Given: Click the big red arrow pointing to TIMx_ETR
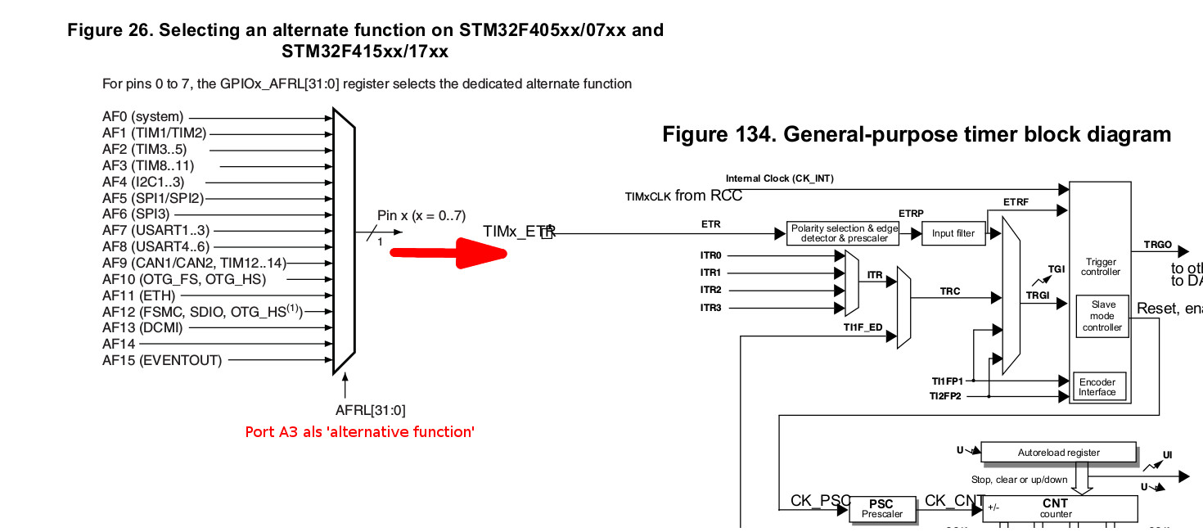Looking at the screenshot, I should pos(450,252).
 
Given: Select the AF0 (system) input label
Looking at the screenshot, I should pos(143,117).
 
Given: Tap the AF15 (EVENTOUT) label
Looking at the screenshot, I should pos(162,360).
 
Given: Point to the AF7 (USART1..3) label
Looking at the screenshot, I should pos(155,231).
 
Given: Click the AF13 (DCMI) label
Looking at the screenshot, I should pos(142,327).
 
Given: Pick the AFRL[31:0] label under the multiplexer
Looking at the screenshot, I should pos(371,410).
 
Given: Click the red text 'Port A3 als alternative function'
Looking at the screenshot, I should pos(360,431).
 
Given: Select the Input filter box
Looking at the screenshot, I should pos(953,233).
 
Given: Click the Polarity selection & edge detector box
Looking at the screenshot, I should pos(843,233).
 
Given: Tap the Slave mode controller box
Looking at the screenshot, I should pos(1102,316).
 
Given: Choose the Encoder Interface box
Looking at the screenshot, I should pos(1097,387).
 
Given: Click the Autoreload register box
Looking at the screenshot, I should pos(1058,453).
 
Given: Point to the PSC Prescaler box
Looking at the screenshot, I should pos(881,509).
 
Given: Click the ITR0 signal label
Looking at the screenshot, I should pos(710,255).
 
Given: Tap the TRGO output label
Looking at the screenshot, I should pos(1157,245).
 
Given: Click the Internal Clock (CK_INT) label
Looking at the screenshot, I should pos(779,178).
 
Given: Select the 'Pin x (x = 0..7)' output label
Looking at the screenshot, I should pos(421,215).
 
